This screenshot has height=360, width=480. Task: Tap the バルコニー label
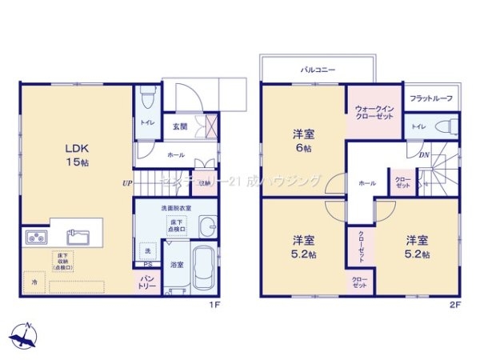pos(318,70)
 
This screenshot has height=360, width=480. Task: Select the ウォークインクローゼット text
pos(374,113)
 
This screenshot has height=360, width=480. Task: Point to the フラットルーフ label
pos(431,98)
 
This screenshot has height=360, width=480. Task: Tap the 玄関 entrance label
pos(180,126)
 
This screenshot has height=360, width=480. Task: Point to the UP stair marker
pos(127,183)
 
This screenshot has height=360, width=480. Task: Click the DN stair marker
pos(425,154)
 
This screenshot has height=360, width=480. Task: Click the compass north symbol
pos(24,334)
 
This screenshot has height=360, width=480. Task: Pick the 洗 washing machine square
pos(147,250)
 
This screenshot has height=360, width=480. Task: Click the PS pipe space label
pos(147,266)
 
